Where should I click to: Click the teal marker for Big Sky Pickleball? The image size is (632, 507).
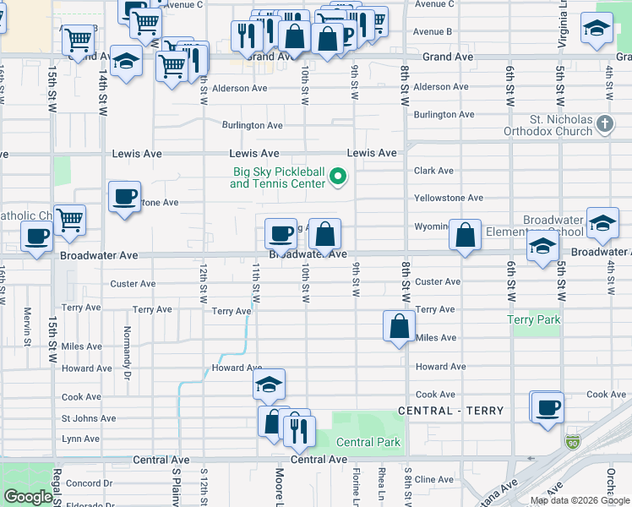(338, 177)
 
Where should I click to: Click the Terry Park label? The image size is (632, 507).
(533, 320)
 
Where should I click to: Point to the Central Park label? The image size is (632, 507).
(368, 442)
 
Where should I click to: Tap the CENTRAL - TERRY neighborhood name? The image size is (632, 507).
(450, 411)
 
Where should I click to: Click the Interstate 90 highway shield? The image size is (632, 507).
(573, 442)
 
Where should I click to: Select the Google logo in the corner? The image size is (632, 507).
(28, 497)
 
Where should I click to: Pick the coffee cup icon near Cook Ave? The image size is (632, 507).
(547, 407)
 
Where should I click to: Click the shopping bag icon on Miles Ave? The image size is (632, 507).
(400, 326)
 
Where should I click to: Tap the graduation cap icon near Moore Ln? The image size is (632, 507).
(270, 384)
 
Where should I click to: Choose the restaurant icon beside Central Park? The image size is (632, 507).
(298, 431)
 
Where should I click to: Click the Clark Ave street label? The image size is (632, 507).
(433, 171)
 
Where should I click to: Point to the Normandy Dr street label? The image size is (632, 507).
(128, 341)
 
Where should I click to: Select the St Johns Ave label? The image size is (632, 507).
(88, 418)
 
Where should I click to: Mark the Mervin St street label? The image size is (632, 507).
(27, 324)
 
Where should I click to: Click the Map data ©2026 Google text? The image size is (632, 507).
(580, 500)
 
